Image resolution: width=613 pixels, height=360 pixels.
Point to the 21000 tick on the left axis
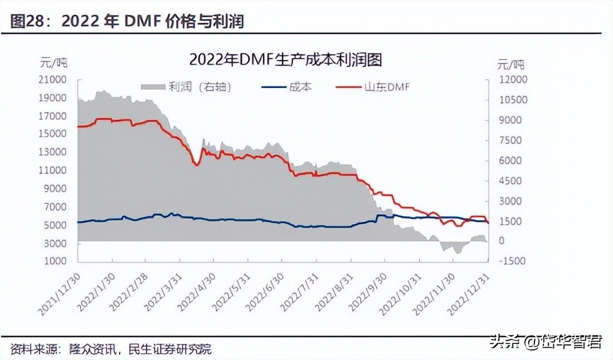pyautogui.click(x=53, y=80)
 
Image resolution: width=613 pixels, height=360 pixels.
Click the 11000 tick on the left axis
pyautogui.click(x=53, y=171)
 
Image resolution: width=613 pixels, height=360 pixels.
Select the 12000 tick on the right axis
pyautogui.click(x=512, y=80)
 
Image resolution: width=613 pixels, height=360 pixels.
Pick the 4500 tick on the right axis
pyautogui.click(x=509, y=181)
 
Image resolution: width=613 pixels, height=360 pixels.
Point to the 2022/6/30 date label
pyautogui.click(x=264, y=293)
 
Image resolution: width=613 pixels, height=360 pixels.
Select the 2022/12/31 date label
pyautogui.click(x=470, y=293)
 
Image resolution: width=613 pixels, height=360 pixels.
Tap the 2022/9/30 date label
pyautogui.click(x=368, y=293)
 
